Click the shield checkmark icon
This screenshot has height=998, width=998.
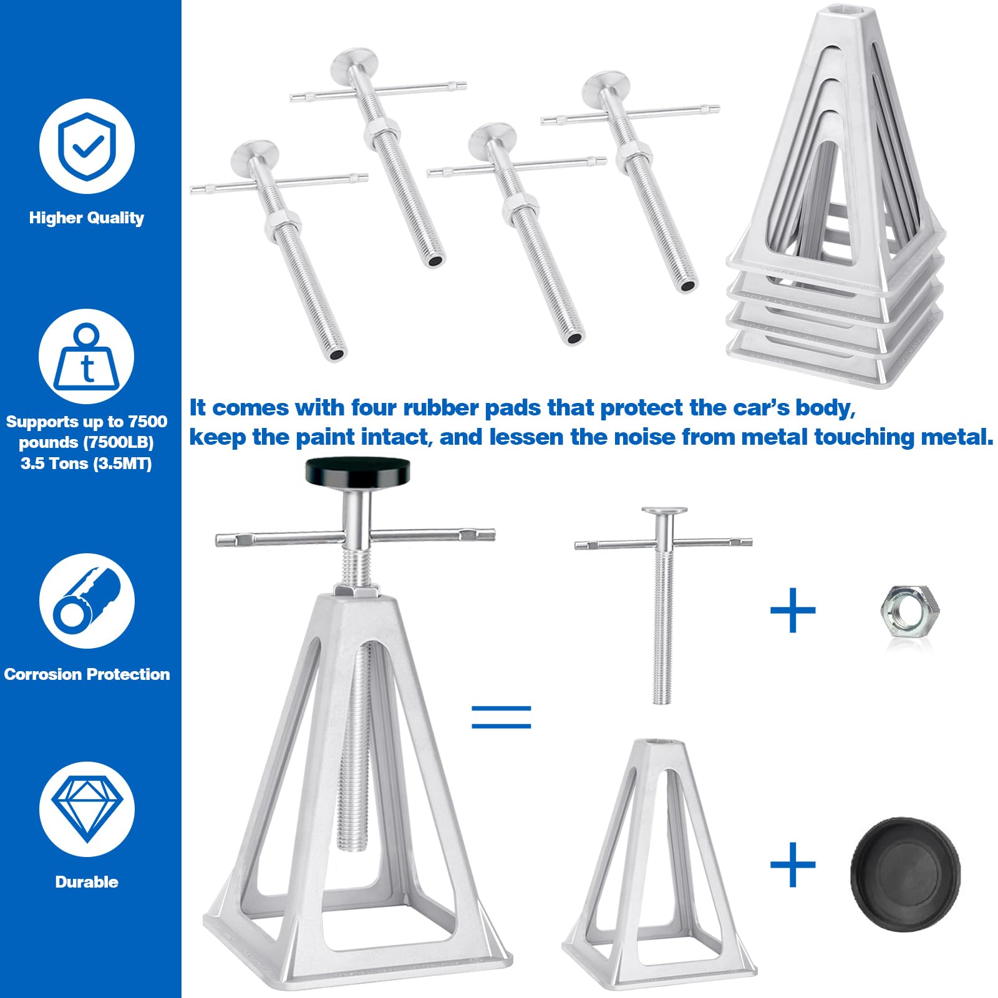pos(87,146)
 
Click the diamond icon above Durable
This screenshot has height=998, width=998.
pos(87,809)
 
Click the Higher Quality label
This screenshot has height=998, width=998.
pos(87,218)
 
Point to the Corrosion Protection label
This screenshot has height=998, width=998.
pos(87,674)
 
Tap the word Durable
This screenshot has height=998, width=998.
pos(87,882)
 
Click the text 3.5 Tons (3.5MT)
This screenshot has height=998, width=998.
pos(87,463)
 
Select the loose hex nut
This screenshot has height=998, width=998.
pos(909,609)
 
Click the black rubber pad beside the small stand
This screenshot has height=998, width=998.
pos(905,874)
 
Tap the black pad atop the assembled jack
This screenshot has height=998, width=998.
pos(357,472)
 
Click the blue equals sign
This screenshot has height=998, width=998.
pos(501,717)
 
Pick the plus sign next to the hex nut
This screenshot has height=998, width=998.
pos(793,609)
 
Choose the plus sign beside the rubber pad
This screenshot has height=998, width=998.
pos(793,865)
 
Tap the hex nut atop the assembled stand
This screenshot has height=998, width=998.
pos(356,589)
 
